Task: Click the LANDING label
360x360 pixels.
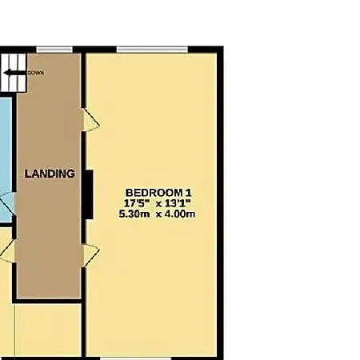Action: [50, 174]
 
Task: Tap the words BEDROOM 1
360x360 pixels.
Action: [158, 193]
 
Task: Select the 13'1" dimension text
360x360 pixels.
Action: [178, 203]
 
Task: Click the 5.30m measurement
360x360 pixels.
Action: [134, 214]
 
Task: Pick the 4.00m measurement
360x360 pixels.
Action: [179, 214]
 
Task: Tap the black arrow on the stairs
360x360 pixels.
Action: [15, 73]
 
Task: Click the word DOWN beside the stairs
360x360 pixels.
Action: [36, 73]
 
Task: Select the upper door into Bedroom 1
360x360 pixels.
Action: [90, 119]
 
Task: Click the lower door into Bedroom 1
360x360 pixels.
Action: [90, 255]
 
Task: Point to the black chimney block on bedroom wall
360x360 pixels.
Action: [89, 194]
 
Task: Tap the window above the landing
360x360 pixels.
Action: [54, 50]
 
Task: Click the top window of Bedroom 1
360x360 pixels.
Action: [152, 50]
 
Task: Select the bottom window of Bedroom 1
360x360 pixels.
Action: [136, 358]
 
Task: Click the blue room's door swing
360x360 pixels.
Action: [7, 204]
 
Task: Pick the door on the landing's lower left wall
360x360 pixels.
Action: [8, 251]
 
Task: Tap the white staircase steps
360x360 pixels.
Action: [14, 73]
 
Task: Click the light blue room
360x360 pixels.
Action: [6, 159]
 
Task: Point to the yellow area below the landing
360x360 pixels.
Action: [48, 330]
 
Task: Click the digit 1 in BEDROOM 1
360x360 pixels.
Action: [189, 193]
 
